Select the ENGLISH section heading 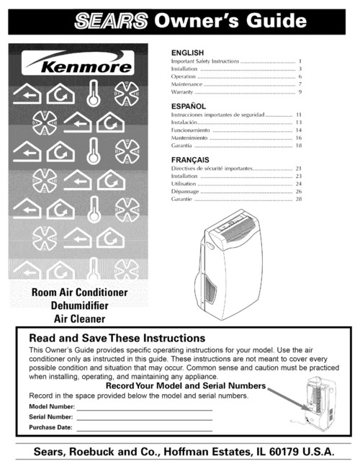[186, 53]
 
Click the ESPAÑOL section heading [188, 105]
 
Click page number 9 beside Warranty [299, 93]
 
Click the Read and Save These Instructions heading [117, 338]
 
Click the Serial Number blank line [144, 417]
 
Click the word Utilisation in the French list [185, 184]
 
